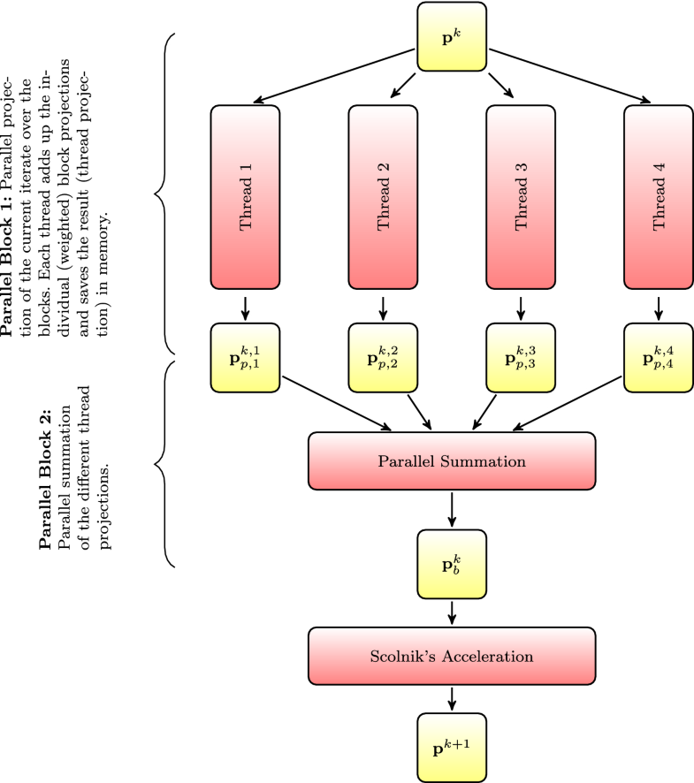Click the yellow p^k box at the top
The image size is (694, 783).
coord(452,37)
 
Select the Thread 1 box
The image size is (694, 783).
coord(246,197)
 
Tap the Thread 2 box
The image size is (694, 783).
coord(383,197)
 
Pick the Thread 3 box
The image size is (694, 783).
coord(521,197)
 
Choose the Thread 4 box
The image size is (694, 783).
coord(658,197)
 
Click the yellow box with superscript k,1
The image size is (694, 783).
coord(246,358)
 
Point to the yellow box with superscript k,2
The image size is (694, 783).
coord(383,358)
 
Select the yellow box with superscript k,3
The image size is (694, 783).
coord(521,358)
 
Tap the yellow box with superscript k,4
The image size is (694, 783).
coord(658,358)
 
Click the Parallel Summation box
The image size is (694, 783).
coord(452,461)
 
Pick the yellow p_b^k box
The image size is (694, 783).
coord(452,565)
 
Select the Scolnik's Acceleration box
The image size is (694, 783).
coord(452,656)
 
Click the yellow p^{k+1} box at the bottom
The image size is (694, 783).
coord(452,748)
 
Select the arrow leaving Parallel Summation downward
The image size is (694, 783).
coord(452,508)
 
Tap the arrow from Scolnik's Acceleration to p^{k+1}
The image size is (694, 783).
coord(452,697)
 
